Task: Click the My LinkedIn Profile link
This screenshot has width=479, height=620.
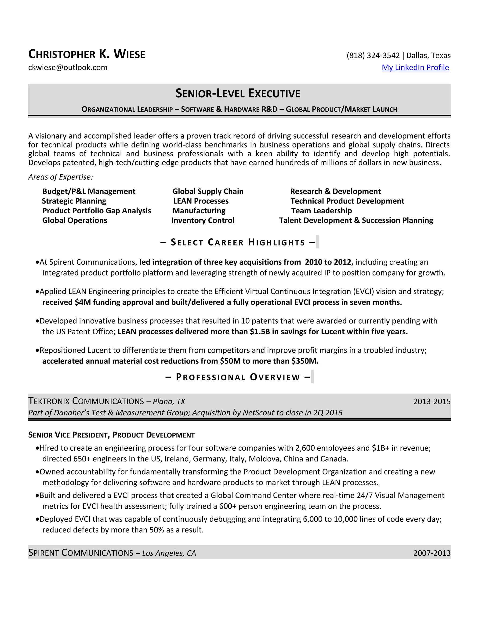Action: tap(415, 68)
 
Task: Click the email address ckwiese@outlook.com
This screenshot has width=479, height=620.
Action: tap(68, 68)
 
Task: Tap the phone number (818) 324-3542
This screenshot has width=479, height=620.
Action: tap(373, 55)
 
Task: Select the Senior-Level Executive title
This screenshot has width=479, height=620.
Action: tap(238, 93)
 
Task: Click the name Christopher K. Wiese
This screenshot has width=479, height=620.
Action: tap(87, 54)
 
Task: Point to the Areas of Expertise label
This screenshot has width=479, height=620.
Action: tap(60, 177)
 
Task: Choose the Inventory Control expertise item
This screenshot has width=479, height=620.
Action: tap(203, 221)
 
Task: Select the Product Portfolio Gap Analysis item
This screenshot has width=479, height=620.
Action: tap(97, 211)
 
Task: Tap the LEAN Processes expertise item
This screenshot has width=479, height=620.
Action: tap(201, 201)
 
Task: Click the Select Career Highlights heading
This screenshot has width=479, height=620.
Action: tap(238, 242)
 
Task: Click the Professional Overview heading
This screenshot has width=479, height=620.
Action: tap(238, 377)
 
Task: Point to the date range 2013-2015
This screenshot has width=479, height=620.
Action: tap(432, 402)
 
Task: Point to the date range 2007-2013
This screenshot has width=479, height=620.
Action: tap(432, 553)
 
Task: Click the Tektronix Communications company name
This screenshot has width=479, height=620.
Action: tap(86, 401)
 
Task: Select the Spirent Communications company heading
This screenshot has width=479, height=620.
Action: tap(81, 553)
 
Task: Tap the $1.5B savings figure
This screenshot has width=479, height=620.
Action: tap(260, 332)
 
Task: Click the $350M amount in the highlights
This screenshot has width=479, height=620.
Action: tap(305, 361)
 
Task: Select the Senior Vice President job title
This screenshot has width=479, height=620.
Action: tap(111, 435)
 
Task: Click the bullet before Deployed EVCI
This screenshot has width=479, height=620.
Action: tap(37, 519)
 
